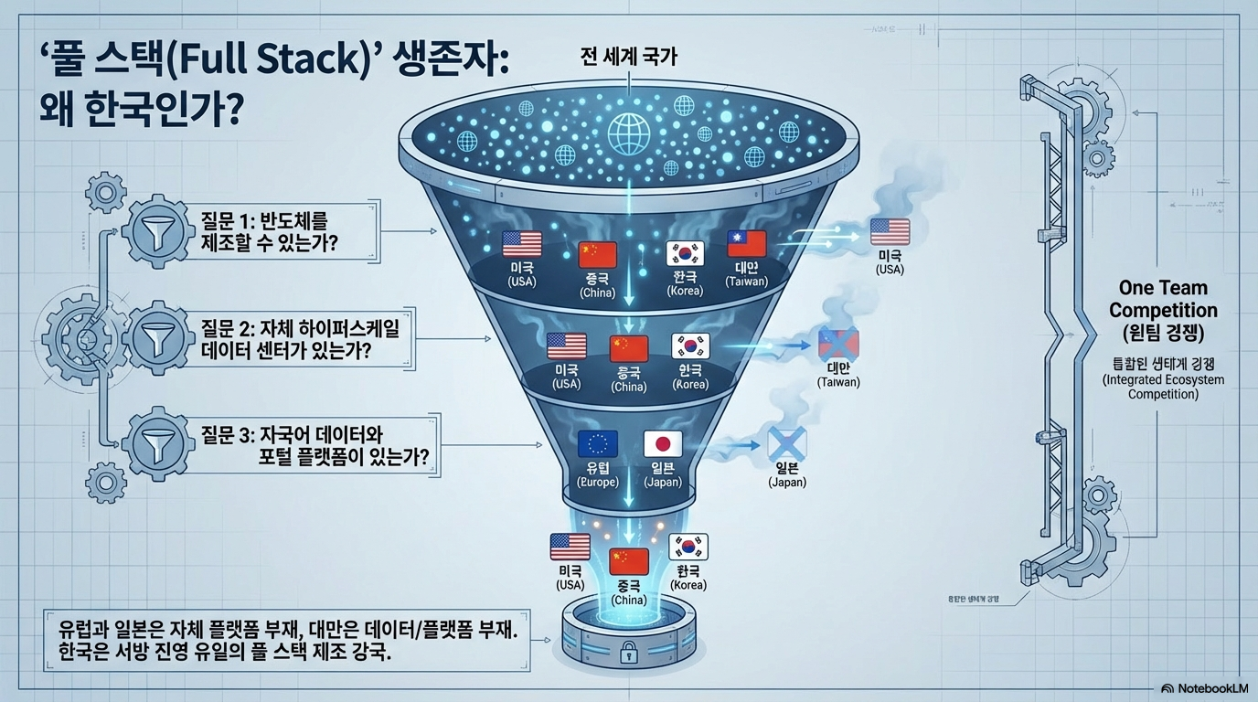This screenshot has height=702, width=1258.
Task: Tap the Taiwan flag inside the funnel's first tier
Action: pos(746,243)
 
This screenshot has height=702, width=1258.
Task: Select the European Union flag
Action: pos(599,444)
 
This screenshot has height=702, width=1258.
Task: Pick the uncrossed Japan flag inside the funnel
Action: pos(663,444)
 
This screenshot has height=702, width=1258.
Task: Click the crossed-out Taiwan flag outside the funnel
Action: pos(838,344)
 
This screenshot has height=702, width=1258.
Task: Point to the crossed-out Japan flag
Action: pos(786,444)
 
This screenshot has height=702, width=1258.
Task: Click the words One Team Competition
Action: pos(1163,299)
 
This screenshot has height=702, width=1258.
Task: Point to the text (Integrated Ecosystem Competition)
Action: pos(1163,387)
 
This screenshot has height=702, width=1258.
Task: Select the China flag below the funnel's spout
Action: pos(628,561)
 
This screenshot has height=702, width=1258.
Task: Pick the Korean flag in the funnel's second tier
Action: pos(690,346)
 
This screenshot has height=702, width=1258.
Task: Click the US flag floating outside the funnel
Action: pos(890,231)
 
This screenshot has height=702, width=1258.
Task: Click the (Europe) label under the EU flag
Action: pos(599,482)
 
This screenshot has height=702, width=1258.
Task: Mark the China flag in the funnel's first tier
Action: pos(598,254)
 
